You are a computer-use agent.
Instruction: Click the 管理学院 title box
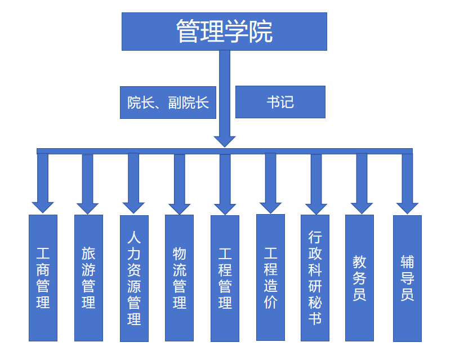click(224, 32)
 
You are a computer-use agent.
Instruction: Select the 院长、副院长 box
click(168, 103)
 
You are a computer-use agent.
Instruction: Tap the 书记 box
click(280, 102)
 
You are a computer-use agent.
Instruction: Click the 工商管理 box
click(43, 277)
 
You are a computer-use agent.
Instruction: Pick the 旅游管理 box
click(88, 277)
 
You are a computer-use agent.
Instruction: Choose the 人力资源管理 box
click(134, 278)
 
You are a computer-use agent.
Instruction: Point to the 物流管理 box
click(179, 277)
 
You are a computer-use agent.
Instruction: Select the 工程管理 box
click(225, 278)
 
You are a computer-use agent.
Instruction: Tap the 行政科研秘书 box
click(315, 277)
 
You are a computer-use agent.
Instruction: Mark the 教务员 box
click(359, 277)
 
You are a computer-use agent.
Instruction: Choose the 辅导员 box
click(407, 278)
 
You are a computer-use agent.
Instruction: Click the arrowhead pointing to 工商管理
click(43, 206)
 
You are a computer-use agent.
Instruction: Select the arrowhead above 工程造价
click(270, 207)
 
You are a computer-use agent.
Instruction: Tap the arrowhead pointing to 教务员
click(361, 207)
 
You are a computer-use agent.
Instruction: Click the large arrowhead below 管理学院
click(224, 140)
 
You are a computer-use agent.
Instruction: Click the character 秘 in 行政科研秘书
click(315, 303)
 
